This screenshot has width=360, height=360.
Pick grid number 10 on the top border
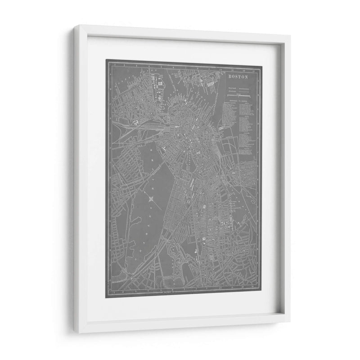220,70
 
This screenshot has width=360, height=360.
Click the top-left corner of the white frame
75,27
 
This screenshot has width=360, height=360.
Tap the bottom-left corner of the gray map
106,297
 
